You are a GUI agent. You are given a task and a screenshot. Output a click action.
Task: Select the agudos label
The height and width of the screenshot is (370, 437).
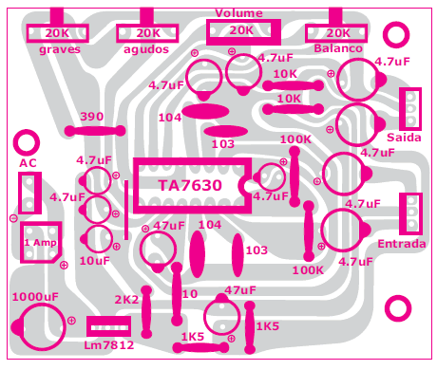(145, 48)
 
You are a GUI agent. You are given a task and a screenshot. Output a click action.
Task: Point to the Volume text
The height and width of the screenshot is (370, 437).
(238, 12)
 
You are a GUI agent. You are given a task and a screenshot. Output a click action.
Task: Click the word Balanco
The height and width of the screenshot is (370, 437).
(337, 48)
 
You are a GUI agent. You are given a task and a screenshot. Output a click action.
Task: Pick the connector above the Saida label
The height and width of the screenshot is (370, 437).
(410, 103)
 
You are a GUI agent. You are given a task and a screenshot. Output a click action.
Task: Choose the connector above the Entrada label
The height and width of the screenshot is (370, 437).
(410, 213)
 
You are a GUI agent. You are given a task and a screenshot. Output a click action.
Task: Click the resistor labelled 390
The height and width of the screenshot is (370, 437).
(92, 130)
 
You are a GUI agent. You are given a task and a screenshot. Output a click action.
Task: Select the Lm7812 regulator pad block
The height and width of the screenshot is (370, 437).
(108, 326)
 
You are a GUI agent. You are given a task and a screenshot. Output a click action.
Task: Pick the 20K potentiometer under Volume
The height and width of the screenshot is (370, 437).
(239, 31)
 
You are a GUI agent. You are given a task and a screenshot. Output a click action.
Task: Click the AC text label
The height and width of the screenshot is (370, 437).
(28, 164)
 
